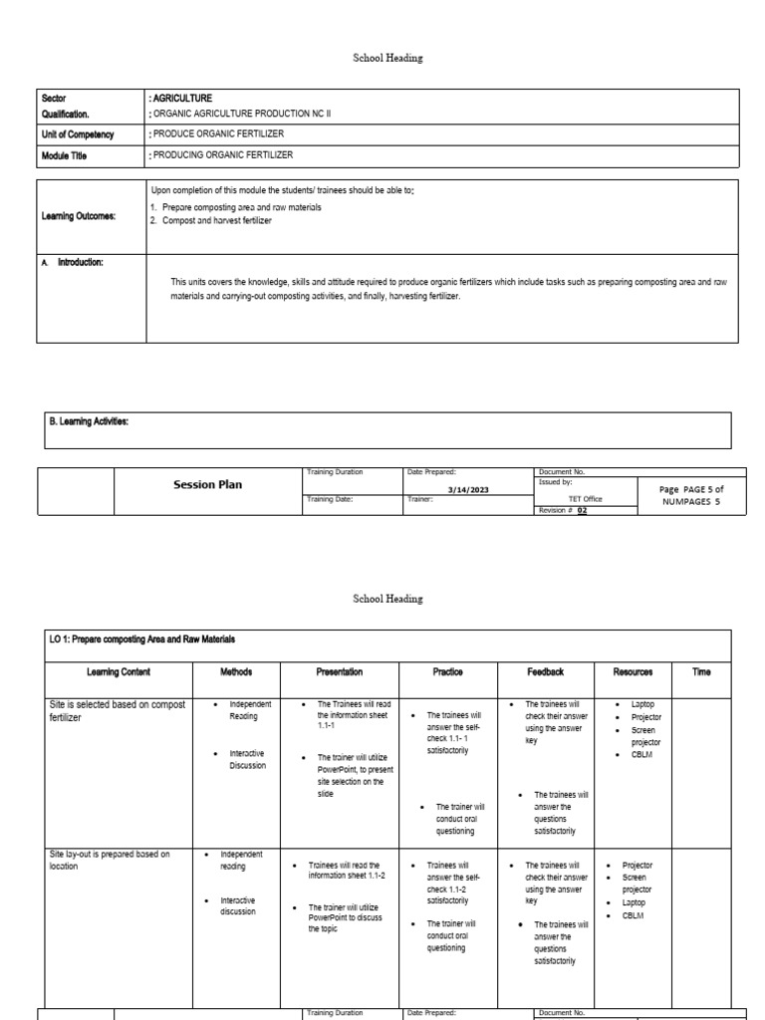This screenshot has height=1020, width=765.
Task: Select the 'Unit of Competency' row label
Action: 78,135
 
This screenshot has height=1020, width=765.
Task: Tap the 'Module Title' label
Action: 67,155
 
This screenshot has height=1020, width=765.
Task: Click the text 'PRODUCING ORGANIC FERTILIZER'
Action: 221,155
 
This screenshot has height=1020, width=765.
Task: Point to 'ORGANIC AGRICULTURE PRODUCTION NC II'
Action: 239,114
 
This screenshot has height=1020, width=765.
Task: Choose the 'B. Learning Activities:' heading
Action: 89,421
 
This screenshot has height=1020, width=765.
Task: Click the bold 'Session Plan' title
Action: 208,485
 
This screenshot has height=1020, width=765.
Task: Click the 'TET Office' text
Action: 585,499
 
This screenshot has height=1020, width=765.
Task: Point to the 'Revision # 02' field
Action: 563,509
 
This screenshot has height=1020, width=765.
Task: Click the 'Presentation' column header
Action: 339,672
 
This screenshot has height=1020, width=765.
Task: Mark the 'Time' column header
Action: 701,672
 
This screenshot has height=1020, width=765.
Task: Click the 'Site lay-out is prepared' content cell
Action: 110,860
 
